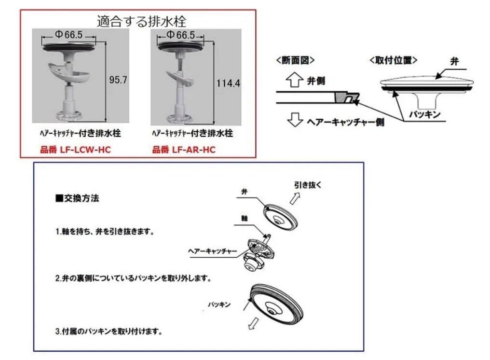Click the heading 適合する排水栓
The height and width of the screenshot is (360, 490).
click(x=141, y=21)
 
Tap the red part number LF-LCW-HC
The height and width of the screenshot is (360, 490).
click(x=75, y=150)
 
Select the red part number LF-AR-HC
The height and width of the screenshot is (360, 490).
click(x=184, y=150)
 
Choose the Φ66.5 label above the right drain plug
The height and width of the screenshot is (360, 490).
click(x=180, y=35)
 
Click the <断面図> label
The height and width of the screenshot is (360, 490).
click(x=295, y=60)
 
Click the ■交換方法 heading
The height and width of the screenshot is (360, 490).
click(x=78, y=198)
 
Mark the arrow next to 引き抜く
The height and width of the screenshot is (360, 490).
click(x=292, y=197)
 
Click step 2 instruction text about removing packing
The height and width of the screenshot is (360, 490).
click(x=134, y=279)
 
